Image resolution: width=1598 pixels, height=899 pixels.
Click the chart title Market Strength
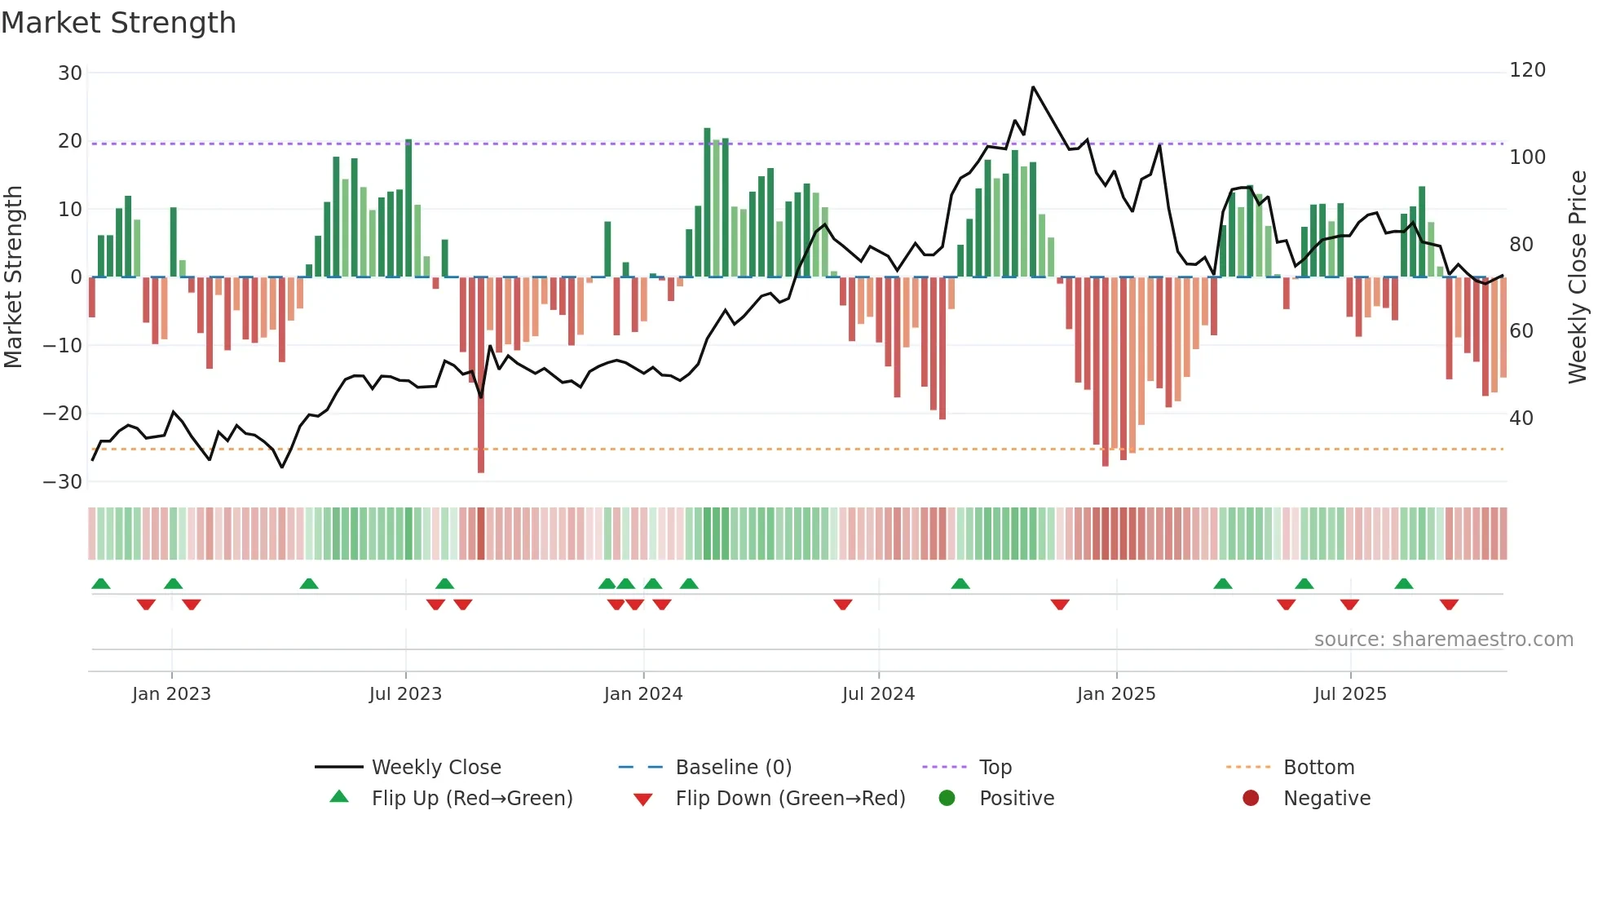point(118,23)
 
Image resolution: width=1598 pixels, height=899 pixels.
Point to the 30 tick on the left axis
point(70,73)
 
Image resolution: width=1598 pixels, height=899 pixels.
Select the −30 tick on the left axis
point(64,482)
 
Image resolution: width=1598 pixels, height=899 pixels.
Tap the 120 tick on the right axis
point(1527,70)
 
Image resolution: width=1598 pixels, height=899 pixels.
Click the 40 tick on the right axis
point(1521,418)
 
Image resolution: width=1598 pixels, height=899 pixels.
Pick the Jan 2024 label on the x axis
point(643,694)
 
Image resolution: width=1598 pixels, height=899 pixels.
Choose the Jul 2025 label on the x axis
point(1350,694)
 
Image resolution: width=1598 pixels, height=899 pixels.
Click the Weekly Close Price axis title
point(1578,277)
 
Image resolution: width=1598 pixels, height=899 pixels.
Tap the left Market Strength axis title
point(13,277)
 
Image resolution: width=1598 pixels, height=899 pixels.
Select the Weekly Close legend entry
point(436,768)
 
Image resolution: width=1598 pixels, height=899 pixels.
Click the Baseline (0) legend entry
point(733,768)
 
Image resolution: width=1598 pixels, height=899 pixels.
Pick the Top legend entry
point(995,768)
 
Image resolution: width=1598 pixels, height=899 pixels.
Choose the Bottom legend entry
point(1318,768)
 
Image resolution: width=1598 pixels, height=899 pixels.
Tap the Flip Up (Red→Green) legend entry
point(472,799)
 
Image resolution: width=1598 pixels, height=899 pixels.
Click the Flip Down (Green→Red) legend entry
point(790,799)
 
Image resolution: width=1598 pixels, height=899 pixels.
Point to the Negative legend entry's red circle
point(1251,798)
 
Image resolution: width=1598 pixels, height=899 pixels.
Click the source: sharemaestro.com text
point(1443,640)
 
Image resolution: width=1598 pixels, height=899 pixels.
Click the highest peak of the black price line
point(1033,87)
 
